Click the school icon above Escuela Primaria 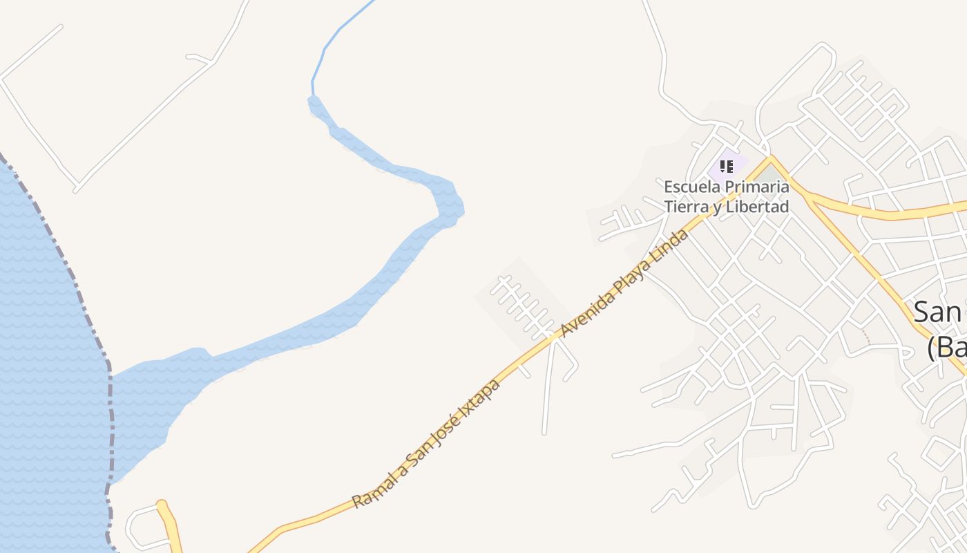point(726,166)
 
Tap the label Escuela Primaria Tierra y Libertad point(726,196)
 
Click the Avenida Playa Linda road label point(624,283)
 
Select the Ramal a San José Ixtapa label point(425,442)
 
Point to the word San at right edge point(938,313)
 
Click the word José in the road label point(449,424)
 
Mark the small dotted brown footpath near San point(866,336)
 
